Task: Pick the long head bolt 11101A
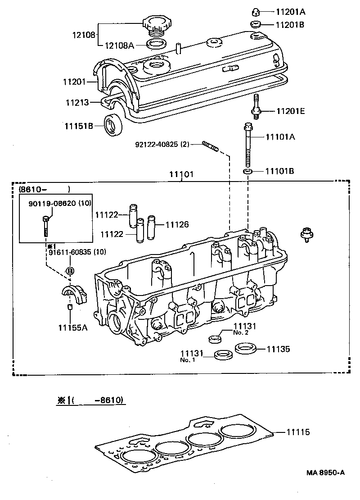point(247,144)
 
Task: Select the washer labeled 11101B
point(247,172)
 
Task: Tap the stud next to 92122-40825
point(211,146)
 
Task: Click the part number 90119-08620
point(51,203)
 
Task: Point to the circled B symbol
point(70,271)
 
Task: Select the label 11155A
point(72,327)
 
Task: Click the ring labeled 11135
point(245,348)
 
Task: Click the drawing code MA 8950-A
point(326,472)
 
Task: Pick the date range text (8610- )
point(44,189)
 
